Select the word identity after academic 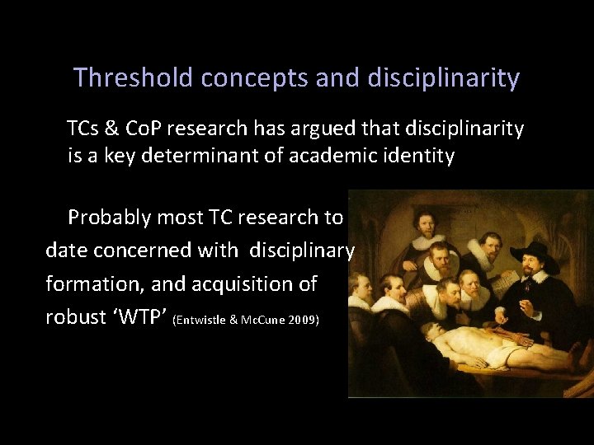point(416,156)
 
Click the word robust point(76,317)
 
